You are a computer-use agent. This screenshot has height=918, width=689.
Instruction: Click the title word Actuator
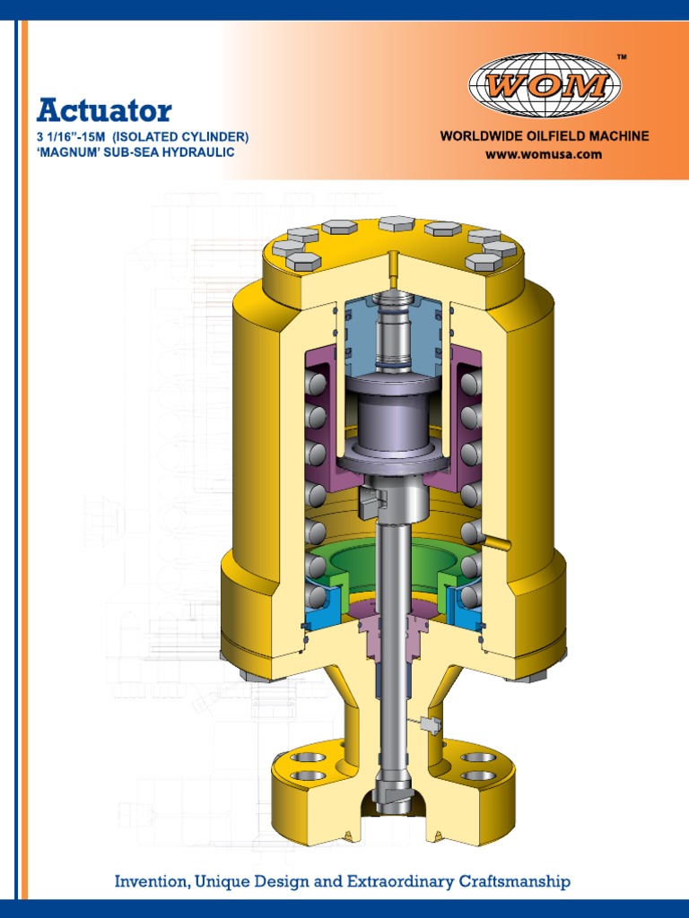pyautogui.click(x=103, y=111)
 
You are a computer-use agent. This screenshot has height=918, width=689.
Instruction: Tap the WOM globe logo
pyautogui.click(x=544, y=85)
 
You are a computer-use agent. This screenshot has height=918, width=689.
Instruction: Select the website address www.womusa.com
pyautogui.click(x=544, y=154)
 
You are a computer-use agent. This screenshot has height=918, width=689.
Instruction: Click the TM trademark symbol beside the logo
pyautogui.click(x=623, y=58)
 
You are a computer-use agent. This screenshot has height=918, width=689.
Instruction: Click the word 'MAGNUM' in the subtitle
pyautogui.click(x=69, y=152)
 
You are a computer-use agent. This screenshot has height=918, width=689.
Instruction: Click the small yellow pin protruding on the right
pyautogui.click(x=494, y=541)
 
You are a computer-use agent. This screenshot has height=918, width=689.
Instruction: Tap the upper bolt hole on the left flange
pyautogui.click(x=307, y=757)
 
